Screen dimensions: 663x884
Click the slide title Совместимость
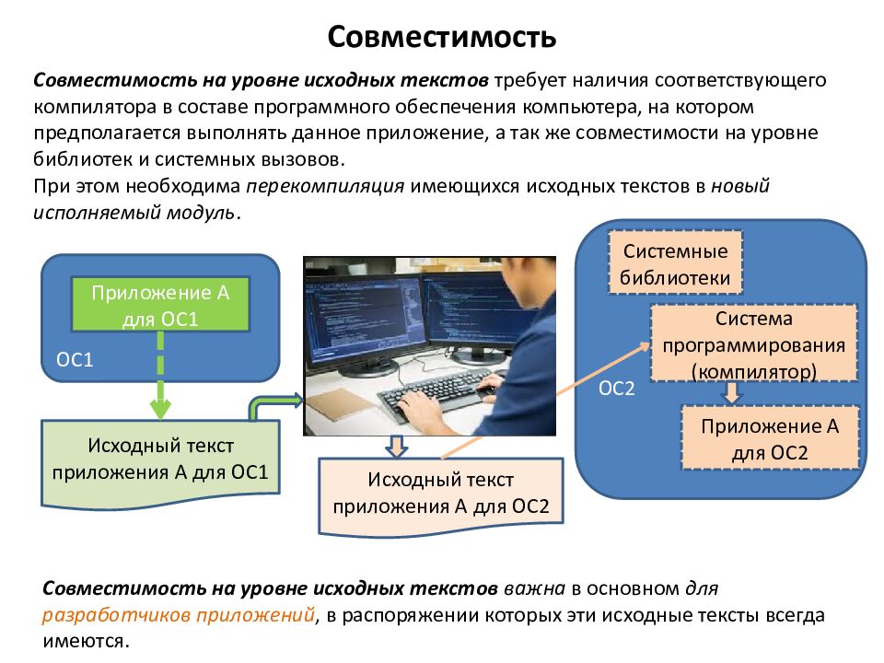pyautogui.click(x=442, y=38)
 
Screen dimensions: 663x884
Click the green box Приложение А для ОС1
pyautogui.click(x=160, y=306)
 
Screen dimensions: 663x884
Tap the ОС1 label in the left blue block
pyautogui.click(x=76, y=359)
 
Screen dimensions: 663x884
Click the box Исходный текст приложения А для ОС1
pyautogui.click(x=160, y=459)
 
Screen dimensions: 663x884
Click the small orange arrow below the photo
pyautogui.click(x=395, y=447)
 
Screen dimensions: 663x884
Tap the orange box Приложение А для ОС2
pyautogui.click(x=770, y=439)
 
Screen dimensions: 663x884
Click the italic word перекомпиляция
pyautogui.click(x=326, y=185)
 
